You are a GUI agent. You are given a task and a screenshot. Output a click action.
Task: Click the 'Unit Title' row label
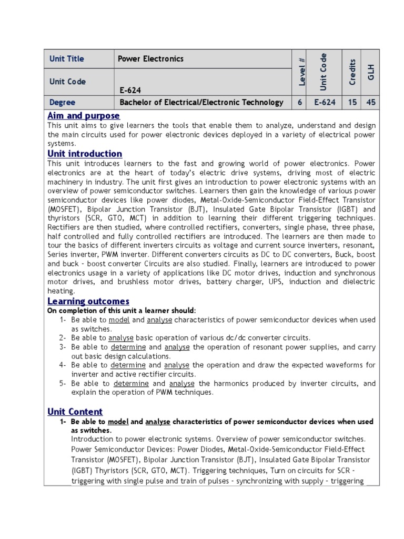67,59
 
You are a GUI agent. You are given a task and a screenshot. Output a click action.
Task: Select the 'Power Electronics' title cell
151,59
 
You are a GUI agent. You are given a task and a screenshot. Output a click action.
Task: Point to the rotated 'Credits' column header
353,72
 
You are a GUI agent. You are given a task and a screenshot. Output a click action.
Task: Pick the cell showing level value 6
300,103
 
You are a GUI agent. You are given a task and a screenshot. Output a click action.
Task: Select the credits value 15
351,103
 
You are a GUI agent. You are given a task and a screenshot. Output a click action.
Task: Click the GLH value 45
371,103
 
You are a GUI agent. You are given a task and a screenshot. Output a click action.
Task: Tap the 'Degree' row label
62,103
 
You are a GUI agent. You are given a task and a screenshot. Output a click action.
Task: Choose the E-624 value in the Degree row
325,103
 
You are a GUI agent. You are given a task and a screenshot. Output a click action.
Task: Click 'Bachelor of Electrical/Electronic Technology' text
201,103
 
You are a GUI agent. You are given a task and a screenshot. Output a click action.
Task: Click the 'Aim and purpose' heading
84,115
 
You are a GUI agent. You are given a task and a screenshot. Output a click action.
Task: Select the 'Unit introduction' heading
85,154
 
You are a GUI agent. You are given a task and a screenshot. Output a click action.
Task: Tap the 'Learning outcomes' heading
88,301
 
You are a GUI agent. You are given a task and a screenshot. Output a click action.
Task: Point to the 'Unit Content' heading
75,412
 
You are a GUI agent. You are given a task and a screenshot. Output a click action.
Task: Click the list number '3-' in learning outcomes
62,347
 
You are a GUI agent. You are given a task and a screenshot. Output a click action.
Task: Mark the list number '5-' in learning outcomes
62,384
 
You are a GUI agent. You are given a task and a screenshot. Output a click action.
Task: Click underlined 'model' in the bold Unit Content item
118,422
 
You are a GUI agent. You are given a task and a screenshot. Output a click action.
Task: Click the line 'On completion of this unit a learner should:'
122,311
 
